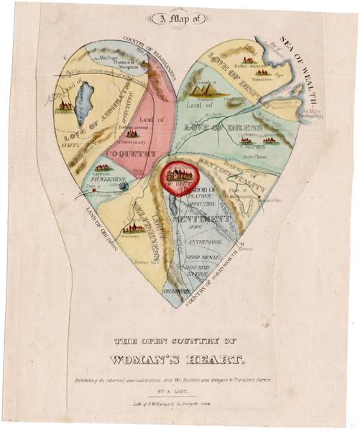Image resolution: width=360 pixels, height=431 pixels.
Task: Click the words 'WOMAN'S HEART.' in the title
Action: tap(180, 358)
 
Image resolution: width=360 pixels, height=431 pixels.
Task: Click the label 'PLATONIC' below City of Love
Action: tap(201, 195)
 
